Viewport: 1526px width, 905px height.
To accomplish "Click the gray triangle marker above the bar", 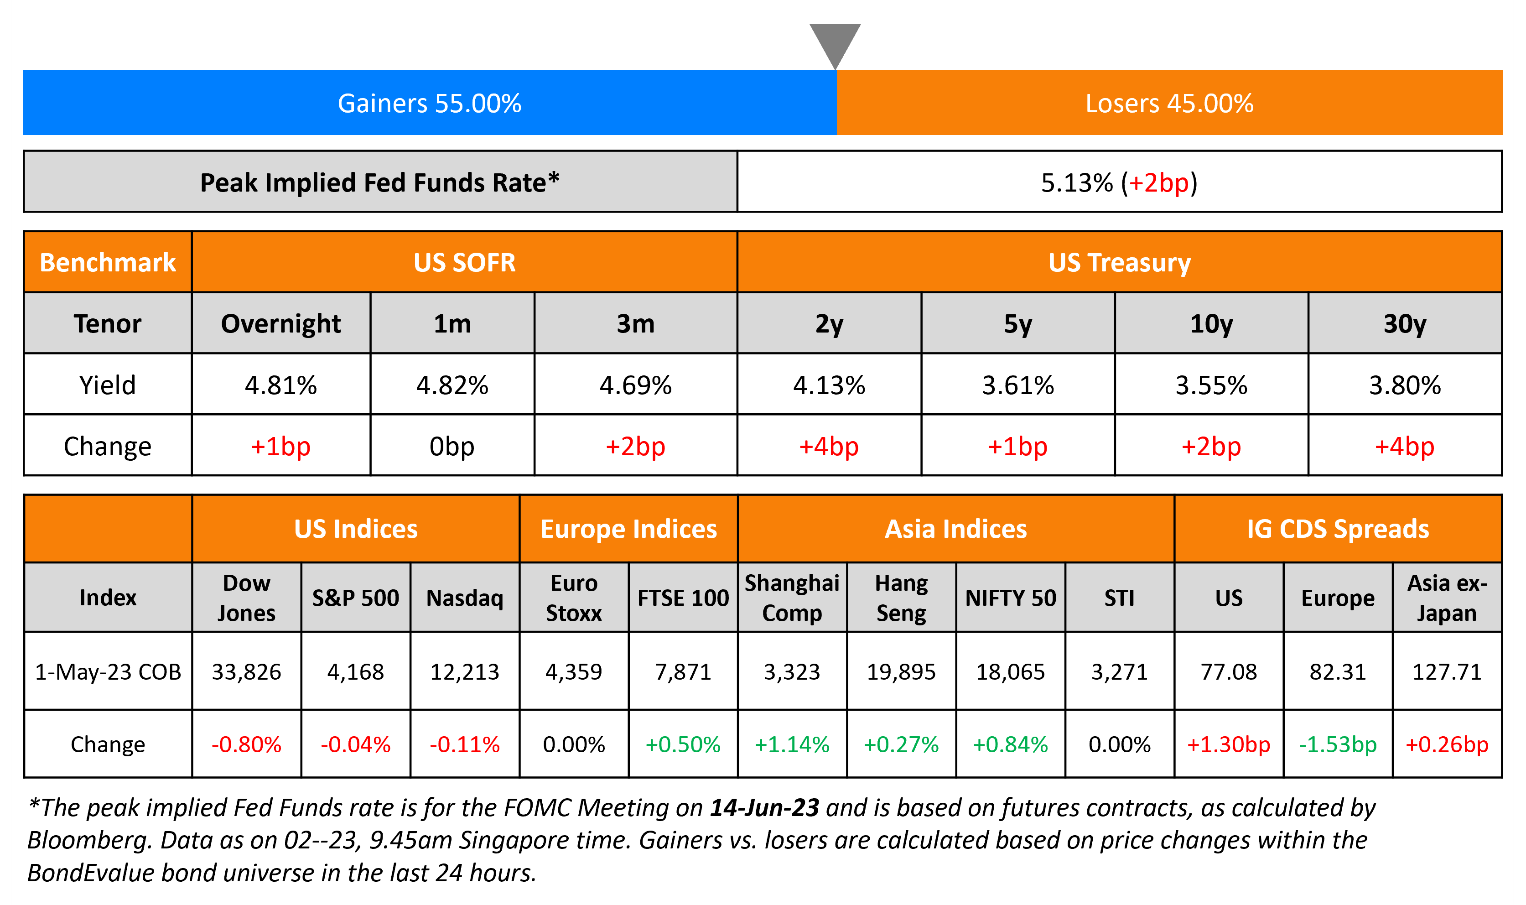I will [x=835, y=43].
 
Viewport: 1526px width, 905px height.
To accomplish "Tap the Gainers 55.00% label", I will [x=429, y=104].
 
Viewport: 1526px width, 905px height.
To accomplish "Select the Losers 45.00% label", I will [x=1169, y=104].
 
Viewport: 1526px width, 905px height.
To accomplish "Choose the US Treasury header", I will [x=1119, y=263].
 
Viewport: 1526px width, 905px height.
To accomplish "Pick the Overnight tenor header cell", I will [x=280, y=324].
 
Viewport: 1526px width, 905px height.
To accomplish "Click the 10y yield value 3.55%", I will [x=1211, y=385].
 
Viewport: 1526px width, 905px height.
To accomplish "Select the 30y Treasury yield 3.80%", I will [x=1404, y=385].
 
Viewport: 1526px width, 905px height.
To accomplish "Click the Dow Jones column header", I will [x=246, y=598].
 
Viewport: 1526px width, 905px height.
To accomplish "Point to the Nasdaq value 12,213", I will [x=465, y=672].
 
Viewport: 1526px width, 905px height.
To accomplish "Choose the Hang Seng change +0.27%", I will [x=901, y=744].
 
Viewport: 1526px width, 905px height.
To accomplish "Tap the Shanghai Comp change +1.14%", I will [x=792, y=744].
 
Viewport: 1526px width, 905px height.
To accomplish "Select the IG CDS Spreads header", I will [x=1338, y=529].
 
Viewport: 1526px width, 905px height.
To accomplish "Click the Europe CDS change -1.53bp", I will [x=1338, y=744].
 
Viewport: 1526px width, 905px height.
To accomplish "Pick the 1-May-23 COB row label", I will [x=108, y=672].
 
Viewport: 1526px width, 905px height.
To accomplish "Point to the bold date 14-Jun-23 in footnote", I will [x=764, y=808].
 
